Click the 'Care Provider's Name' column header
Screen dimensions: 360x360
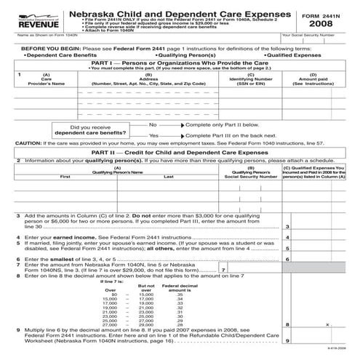46,81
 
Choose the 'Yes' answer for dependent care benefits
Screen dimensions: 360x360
153,135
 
